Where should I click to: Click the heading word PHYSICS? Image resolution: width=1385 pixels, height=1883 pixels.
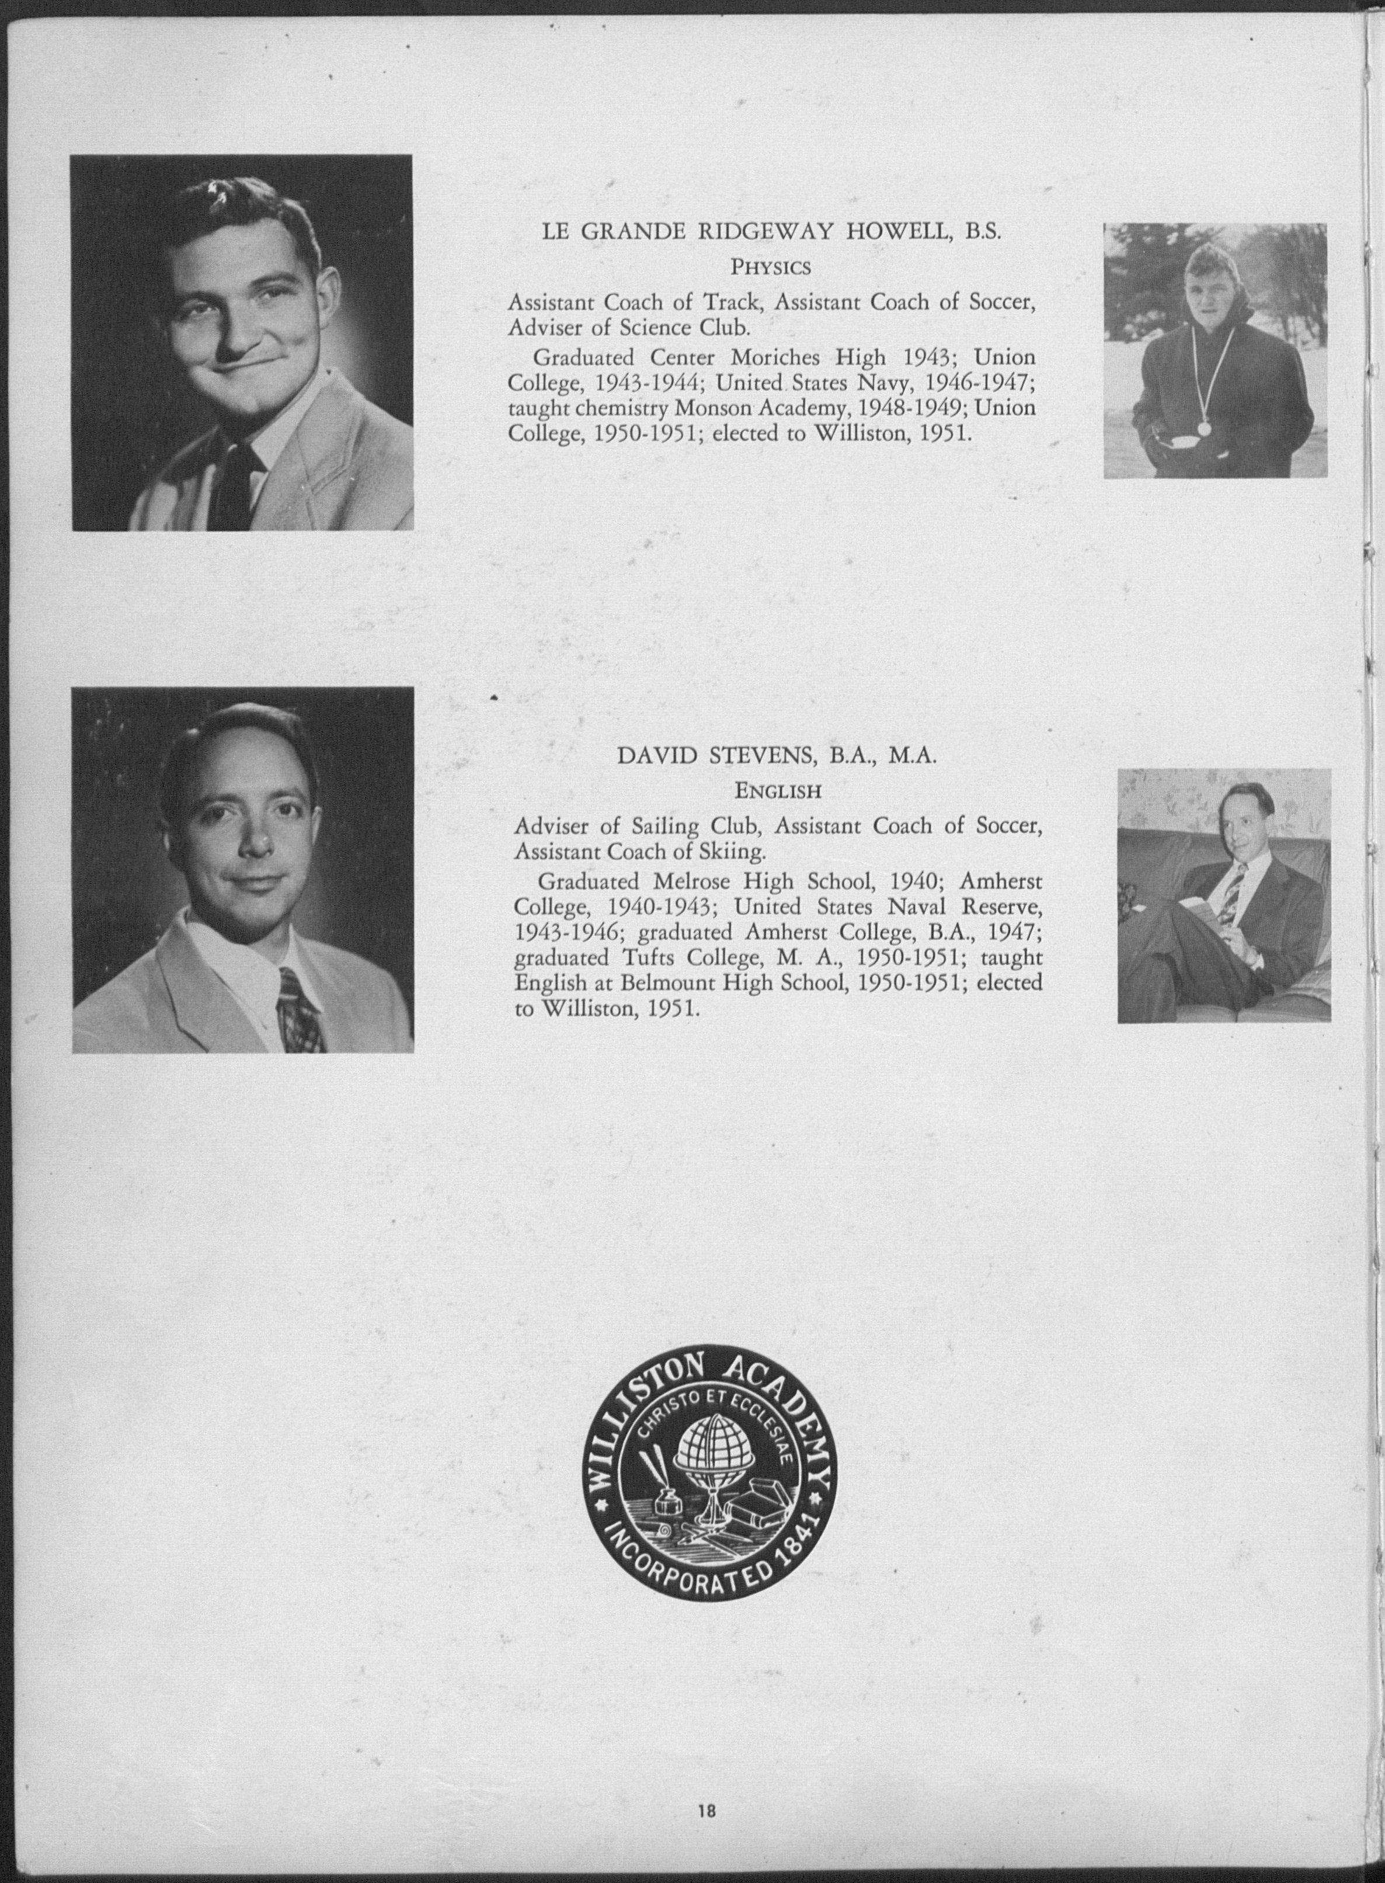point(771,267)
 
